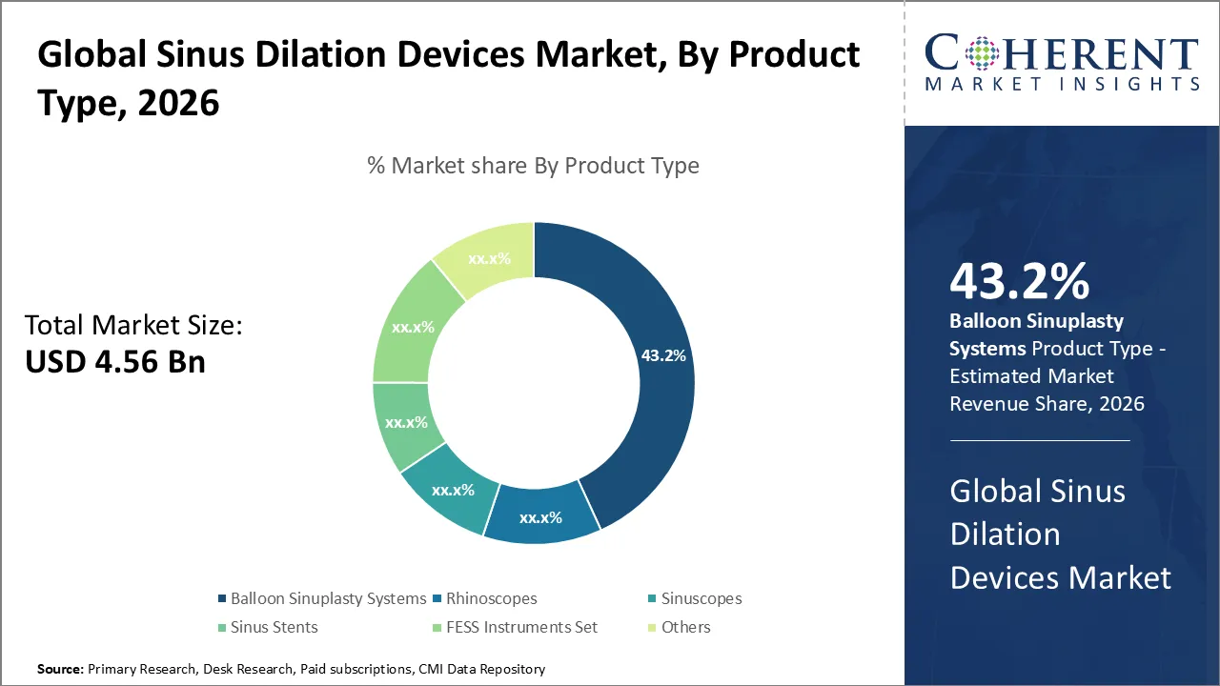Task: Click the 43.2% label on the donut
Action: tap(663, 356)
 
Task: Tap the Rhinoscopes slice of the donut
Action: tap(540, 515)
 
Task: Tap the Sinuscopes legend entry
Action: tap(701, 598)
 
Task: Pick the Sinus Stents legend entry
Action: tap(274, 627)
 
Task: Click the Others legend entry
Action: tap(685, 627)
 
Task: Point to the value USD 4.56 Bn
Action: tap(115, 361)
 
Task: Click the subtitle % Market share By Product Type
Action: tap(533, 166)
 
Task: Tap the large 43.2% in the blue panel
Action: tap(1019, 282)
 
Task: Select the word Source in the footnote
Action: tap(60, 670)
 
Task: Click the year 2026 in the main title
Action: tap(178, 104)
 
